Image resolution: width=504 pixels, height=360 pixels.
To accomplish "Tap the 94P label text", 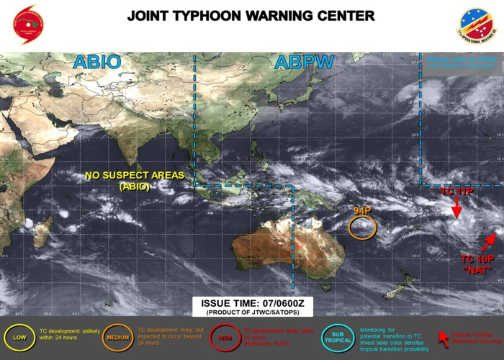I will pos(361,210).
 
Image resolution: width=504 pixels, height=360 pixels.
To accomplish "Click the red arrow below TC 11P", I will pos(456,207).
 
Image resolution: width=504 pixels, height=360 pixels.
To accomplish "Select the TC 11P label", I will pos(456,192).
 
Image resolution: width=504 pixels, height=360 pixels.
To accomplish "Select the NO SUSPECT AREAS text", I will pos(135,175).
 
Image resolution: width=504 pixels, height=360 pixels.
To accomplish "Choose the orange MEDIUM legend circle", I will pos(118,337).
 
